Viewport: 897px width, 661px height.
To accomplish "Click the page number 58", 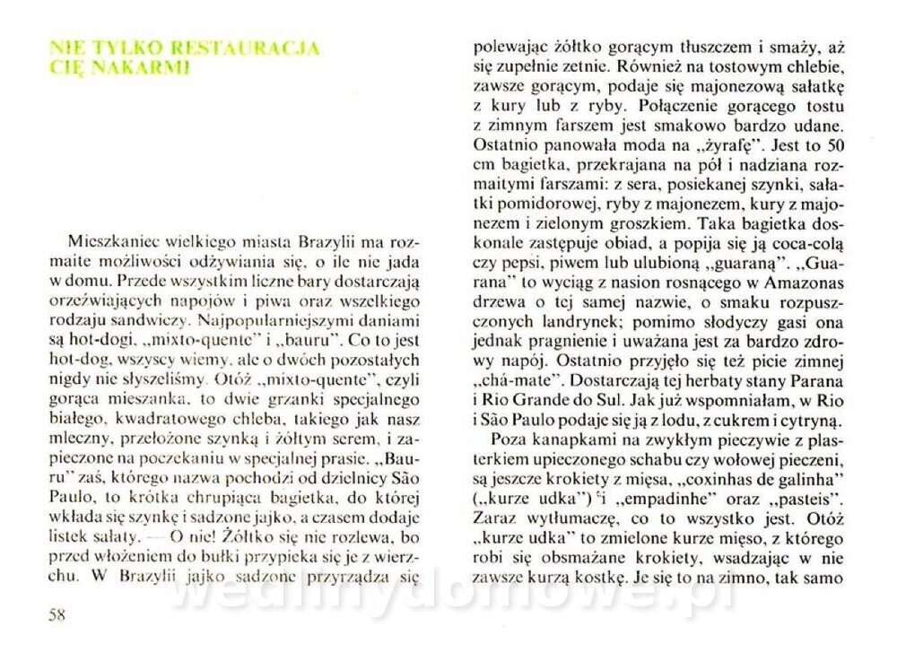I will click(57, 615).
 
